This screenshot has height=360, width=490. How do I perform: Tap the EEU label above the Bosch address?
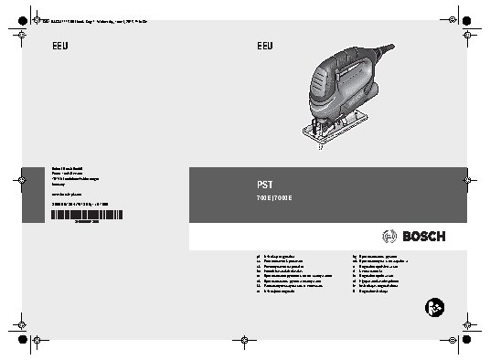(x=59, y=46)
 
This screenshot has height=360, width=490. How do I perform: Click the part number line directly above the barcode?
(x=80, y=204)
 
